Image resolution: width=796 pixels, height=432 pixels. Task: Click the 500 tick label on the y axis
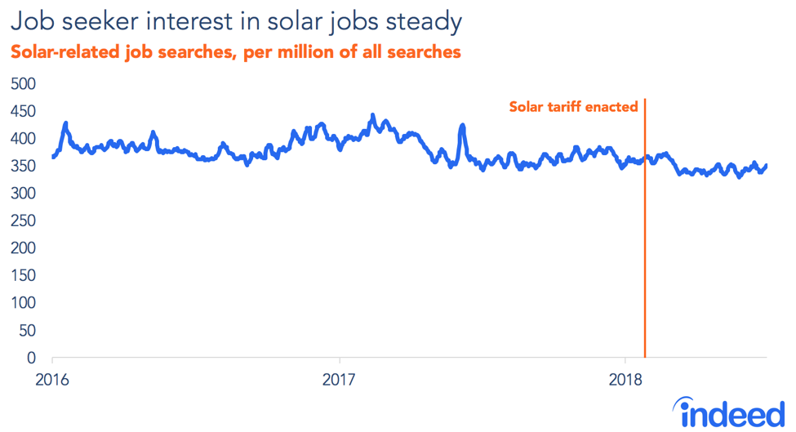pos(23,84)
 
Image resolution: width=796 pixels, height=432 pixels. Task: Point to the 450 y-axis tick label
pos(23,111)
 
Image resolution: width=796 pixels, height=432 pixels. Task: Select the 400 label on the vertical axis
pos(23,139)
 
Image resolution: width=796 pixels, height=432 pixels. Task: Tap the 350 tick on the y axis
pos(23,167)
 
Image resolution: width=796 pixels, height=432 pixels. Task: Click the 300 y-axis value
pos(23,194)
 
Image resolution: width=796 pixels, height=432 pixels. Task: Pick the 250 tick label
pos(23,221)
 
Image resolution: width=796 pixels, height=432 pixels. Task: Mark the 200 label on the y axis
pos(23,248)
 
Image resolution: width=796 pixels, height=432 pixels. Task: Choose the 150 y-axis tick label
pos(23,276)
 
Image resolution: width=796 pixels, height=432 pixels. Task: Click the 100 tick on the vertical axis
pos(23,303)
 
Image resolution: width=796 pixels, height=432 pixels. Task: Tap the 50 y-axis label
pos(28,331)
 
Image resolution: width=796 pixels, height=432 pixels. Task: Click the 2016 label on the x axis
pos(52,380)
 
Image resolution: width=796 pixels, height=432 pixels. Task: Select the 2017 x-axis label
pos(339,380)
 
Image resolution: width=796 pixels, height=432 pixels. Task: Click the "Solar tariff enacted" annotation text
pos(573,107)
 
